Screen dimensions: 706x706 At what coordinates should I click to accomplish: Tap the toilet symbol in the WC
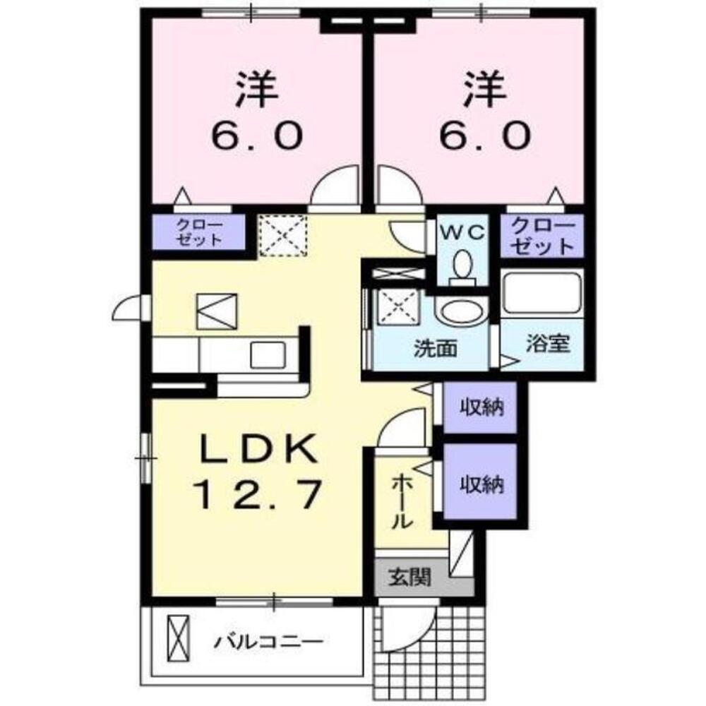(x=462, y=267)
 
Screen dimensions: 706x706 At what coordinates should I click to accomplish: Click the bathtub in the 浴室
(x=542, y=293)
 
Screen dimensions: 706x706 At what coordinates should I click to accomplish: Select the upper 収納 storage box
(x=481, y=407)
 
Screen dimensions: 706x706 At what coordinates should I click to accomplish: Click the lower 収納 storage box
(x=481, y=484)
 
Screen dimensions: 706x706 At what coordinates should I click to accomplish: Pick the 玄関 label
(x=409, y=579)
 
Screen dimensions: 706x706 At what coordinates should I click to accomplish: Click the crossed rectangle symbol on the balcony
(x=179, y=636)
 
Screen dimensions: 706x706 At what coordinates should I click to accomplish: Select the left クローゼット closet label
(x=199, y=233)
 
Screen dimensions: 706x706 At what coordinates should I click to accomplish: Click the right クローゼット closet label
(x=542, y=237)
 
